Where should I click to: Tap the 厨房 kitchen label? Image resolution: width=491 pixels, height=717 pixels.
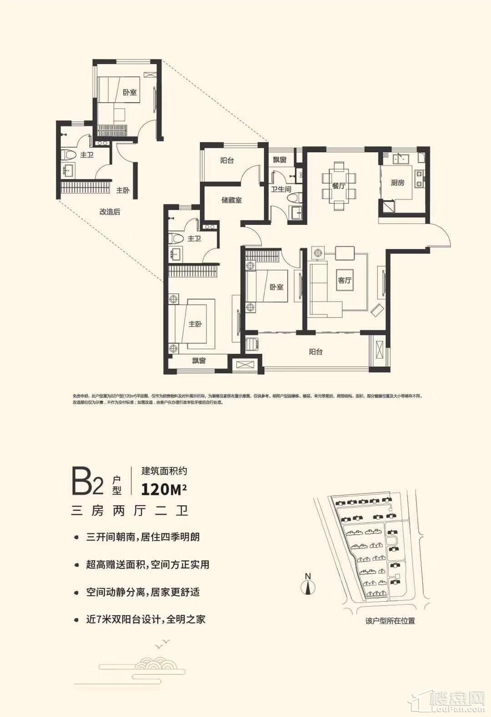click(397, 183)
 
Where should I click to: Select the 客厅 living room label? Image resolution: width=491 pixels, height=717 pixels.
click(345, 280)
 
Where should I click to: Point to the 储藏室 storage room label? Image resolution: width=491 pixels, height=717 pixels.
click(231, 200)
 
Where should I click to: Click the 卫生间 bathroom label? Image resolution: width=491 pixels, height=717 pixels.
click(281, 189)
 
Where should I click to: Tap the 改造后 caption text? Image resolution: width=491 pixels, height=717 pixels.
click(110, 212)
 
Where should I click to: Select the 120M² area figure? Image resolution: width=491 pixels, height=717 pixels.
click(164, 489)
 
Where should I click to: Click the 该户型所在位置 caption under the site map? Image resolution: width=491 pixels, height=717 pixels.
click(390, 621)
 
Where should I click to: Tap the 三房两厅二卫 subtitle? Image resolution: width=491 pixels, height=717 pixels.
click(130, 511)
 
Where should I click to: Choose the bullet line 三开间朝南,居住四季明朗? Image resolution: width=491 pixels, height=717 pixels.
click(143, 537)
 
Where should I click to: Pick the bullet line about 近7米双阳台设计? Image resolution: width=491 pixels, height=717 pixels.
click(145, 619)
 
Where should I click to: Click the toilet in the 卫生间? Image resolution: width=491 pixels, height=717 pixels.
click(298, 198)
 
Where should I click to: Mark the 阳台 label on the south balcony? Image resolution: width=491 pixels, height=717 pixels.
click(316, 351)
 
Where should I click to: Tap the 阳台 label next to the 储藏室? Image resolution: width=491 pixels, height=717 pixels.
click(227, 160)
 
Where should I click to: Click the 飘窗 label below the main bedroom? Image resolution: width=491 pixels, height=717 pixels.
click(199, 361)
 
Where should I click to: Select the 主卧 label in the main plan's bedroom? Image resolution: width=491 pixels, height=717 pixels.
click(195, 324)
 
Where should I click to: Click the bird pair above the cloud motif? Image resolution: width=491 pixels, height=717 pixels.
click(162, 643)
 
